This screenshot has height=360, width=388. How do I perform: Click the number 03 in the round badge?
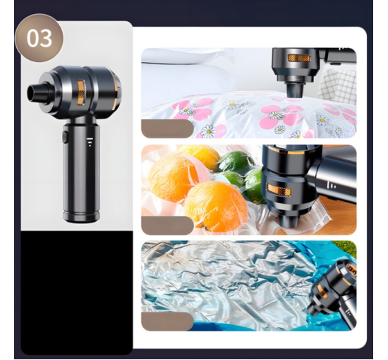coord(40,38)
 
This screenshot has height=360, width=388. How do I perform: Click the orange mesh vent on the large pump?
coord(81,92)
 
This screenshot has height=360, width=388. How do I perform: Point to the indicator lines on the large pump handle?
coord(90,142)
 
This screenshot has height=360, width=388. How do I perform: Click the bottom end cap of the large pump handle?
coord(81,216)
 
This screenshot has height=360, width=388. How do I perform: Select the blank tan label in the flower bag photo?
coord(167,128)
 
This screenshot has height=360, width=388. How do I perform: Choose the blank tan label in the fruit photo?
coord(167,224)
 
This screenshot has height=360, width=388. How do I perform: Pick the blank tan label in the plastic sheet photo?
coord(167,321)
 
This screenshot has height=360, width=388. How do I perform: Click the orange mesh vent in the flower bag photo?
coord(298,58)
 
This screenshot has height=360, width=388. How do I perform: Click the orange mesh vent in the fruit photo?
coord(279,191)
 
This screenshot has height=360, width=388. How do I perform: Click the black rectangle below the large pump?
coord(77,292)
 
